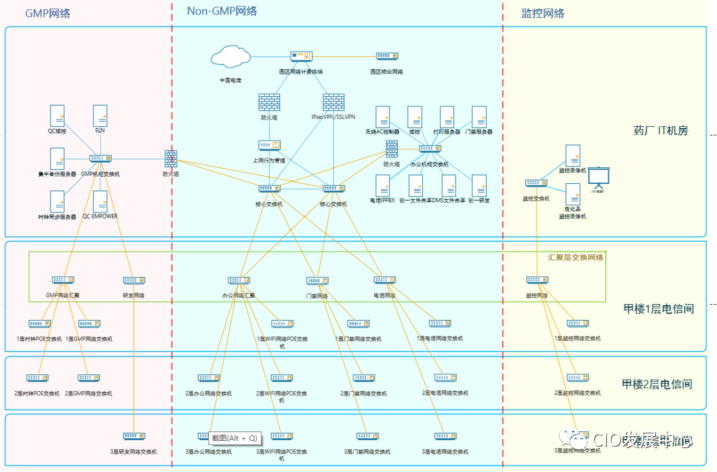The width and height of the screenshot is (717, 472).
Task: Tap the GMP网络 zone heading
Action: (x=48, y=13)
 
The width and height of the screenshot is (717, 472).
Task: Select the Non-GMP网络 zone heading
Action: (x=222, y=11)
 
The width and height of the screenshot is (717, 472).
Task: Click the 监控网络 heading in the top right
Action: (x=543, y=13)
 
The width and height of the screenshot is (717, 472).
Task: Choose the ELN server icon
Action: (x=100, y=116)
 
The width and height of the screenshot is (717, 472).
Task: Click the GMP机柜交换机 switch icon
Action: (x=100, y=159)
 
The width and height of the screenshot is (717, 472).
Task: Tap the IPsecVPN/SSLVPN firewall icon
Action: (x=333, y=102)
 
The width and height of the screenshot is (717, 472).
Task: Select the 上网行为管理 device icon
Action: (x=270, y=145)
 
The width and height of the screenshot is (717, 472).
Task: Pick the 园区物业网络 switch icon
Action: (x=386, y=56)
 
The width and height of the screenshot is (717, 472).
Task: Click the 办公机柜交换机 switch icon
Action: (x=430, y=149)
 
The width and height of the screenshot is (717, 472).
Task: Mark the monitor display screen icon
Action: (x=600, y=178)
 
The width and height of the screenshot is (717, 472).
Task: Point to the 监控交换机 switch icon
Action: (x=536, y=183)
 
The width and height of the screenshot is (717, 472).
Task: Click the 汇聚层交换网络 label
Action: (x=575, y=258)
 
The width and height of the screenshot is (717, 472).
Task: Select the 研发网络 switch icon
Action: (x=134, y=281)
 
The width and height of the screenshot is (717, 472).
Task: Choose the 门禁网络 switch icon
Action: (x=317, y=281)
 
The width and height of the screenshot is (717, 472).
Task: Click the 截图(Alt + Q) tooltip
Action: (x=235, y=438)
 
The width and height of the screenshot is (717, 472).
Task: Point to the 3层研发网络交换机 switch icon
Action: (x=133, y=437)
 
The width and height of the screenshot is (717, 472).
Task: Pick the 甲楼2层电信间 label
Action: (x=657, y=384)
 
